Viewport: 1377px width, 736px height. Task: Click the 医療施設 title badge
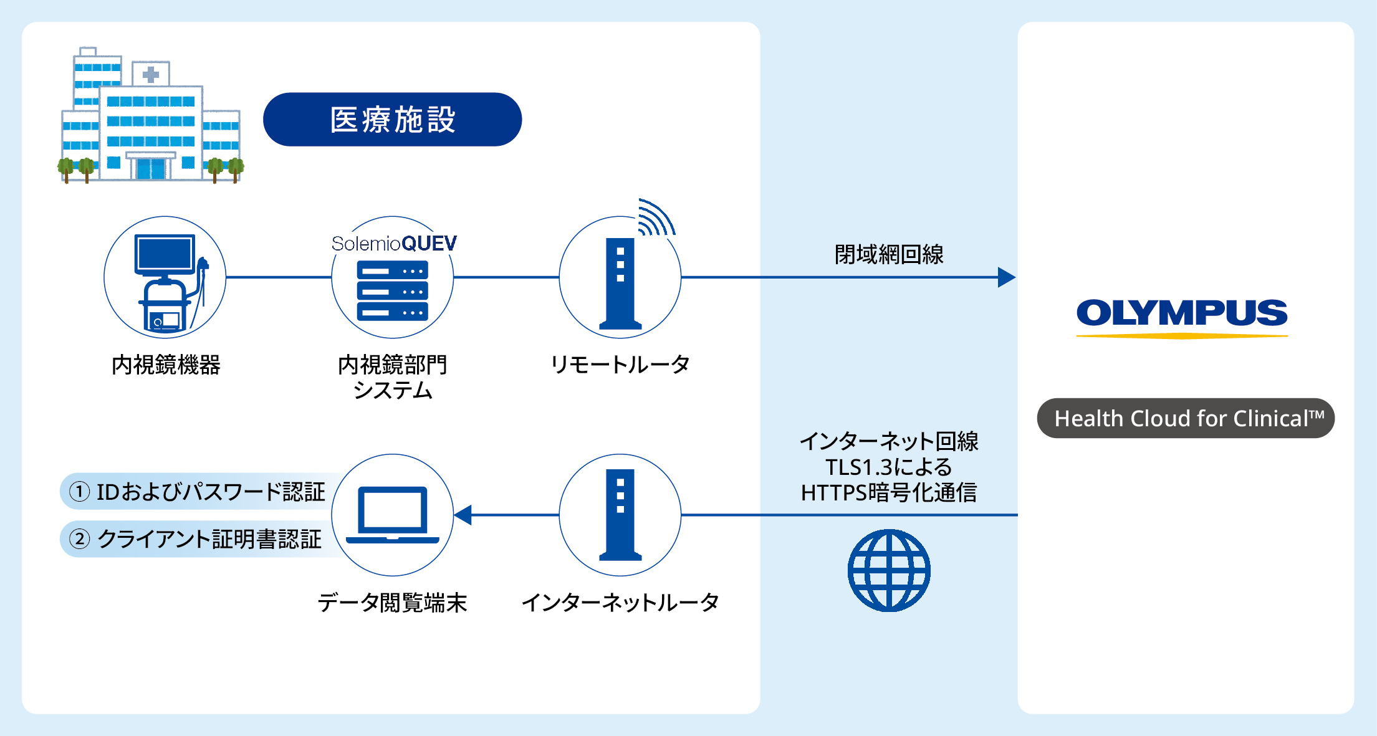[392, 120]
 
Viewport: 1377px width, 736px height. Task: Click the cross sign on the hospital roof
[150, 75]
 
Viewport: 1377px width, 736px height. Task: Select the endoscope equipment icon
[165, 280]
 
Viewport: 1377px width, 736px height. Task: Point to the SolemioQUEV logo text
[394, 244]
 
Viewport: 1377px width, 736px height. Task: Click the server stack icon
[392, 290]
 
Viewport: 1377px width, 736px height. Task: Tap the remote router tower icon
[620, 284]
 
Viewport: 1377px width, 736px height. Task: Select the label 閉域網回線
[889, 254]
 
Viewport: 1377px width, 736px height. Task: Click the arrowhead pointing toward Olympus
[1005, 277]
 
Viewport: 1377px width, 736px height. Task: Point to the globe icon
[889, 570]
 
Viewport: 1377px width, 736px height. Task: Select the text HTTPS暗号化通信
[889, 493]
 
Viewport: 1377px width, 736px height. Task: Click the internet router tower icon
[620, 515]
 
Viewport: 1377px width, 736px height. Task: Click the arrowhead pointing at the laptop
[463, 515]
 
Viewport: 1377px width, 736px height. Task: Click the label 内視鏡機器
[166, 365]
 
